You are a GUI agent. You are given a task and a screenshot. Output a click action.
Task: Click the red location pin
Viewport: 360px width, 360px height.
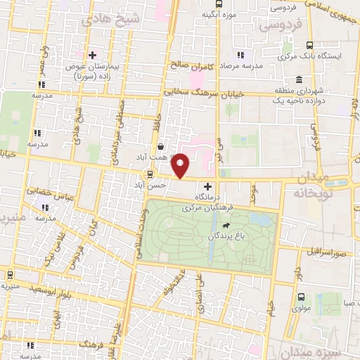click(181, 165)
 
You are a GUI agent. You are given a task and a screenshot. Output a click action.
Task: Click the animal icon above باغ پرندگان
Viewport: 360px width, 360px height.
click(225, 226)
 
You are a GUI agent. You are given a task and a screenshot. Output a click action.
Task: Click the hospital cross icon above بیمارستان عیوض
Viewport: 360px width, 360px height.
click(92, 54)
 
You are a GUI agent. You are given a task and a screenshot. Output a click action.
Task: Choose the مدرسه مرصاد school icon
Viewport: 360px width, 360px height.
click(241, 54)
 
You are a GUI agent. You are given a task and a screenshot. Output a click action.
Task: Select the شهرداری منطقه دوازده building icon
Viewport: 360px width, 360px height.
click(300, 79)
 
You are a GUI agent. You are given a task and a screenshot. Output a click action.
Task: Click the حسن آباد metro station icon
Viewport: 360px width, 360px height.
click(150, 175)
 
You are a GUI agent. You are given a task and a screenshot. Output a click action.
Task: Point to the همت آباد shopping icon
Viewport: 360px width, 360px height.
click(162, 147)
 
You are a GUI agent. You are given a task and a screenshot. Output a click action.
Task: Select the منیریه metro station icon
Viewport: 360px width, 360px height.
click(11, 274)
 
